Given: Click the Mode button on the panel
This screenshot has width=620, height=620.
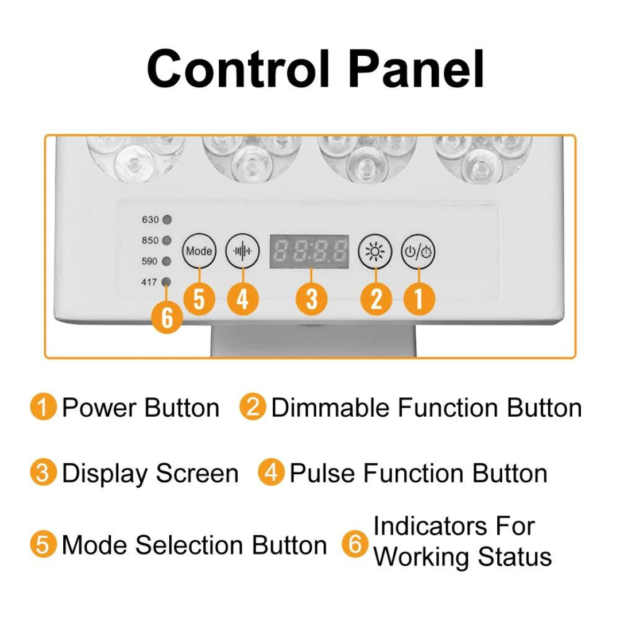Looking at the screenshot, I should point(199,251).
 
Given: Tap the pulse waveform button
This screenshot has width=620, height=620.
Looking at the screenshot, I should point(242,251).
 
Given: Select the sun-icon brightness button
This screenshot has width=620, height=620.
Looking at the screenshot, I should point(375,251).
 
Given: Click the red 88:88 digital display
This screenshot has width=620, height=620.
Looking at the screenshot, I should point(310,251).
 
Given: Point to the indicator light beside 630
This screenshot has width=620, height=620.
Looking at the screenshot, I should point(167,220).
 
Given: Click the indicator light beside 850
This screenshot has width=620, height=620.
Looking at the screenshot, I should point(167,241).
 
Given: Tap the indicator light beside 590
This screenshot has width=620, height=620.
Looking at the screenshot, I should point(167,261).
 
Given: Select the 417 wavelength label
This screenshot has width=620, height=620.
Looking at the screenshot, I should point(149,282).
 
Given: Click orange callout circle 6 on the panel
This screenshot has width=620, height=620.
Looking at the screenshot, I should point(166,317).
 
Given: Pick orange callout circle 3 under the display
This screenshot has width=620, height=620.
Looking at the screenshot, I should point(311,299).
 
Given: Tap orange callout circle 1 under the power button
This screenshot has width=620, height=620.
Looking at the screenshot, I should point(418,299).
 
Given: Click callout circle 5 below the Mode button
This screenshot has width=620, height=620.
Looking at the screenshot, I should point(199,299).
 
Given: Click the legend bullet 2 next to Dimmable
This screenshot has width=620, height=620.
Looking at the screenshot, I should point(253,408).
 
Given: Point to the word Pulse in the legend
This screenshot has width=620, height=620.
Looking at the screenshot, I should point(323,474).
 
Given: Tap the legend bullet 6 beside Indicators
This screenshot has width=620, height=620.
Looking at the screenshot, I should point(355,544).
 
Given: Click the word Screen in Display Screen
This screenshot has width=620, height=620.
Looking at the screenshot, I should point(196,474).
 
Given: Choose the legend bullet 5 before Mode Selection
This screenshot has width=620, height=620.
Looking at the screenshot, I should point(44,544).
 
